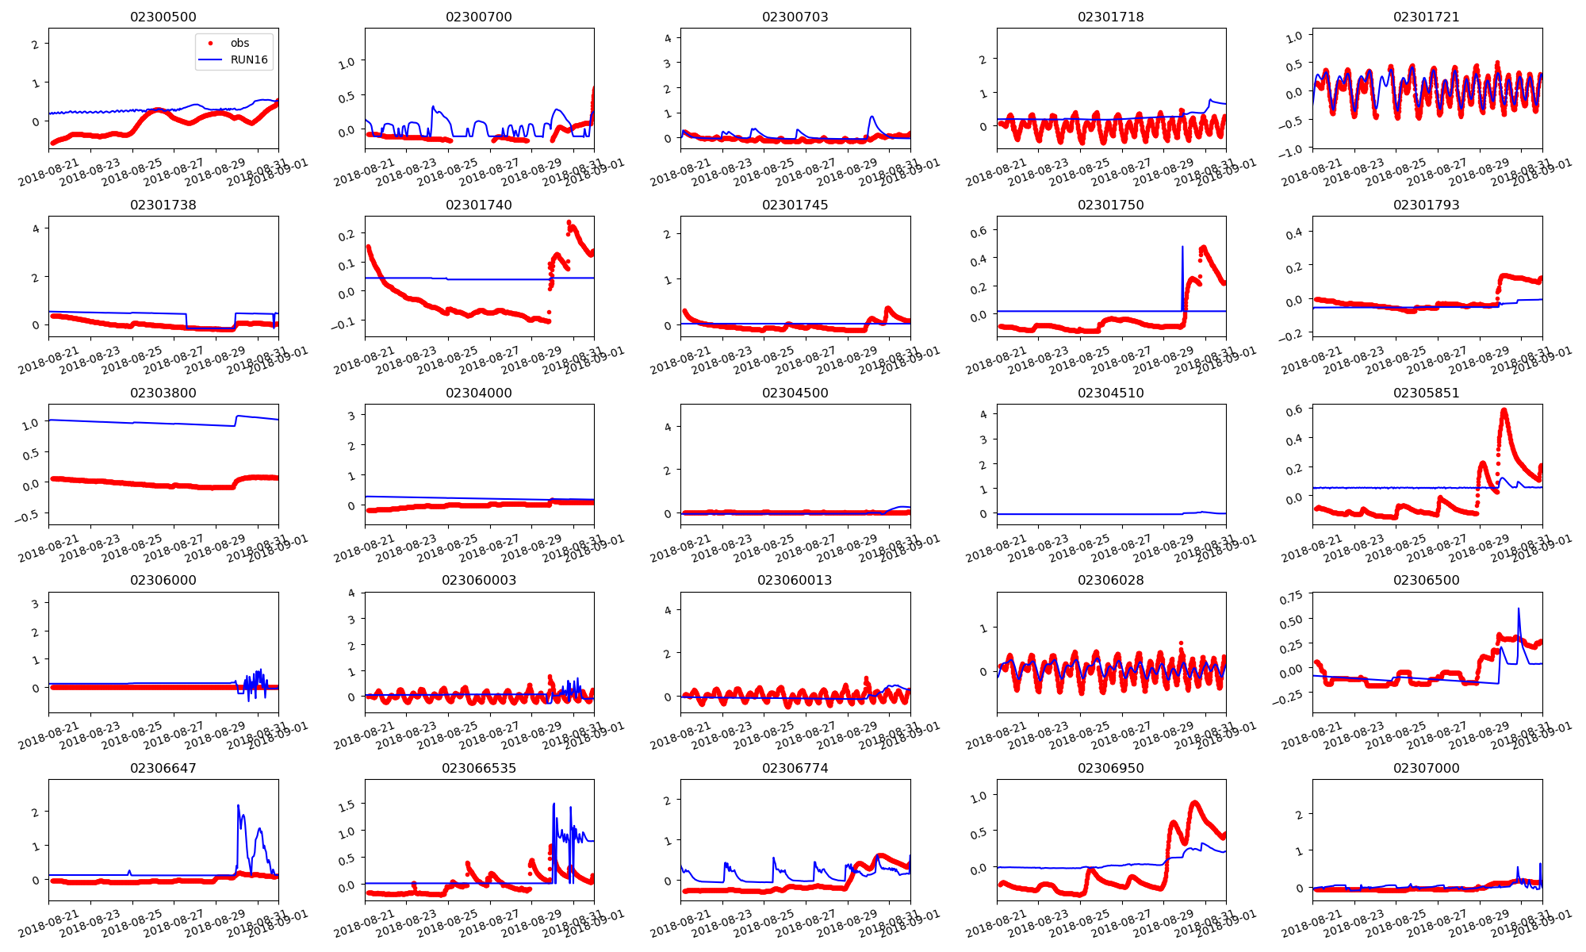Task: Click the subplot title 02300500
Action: pyautogui.click(x=163, y=17)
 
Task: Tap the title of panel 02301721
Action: pyautogui.click(x=1426, y=17)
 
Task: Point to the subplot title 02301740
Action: pyautogui.click(x=478, y=205)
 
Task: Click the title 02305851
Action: pyautogui.click(x=1426, y=393)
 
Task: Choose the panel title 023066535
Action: pyautogui.click(x=478, y=768)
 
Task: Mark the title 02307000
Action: pyautogui.click(x=1426, y=768)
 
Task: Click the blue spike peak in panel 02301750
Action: pyautogui.click(x=1182, y=247)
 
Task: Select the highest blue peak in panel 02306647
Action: pyautogui.click(x=238, y=806)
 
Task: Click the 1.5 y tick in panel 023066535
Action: pyautogui.click(x=346, y=805)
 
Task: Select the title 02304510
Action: pyautogui.click(x=1110, y=393)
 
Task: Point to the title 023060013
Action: pyautogui.click(x=795, y=580)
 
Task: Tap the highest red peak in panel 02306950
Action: pyautogui.click(x=1195, y=803)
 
